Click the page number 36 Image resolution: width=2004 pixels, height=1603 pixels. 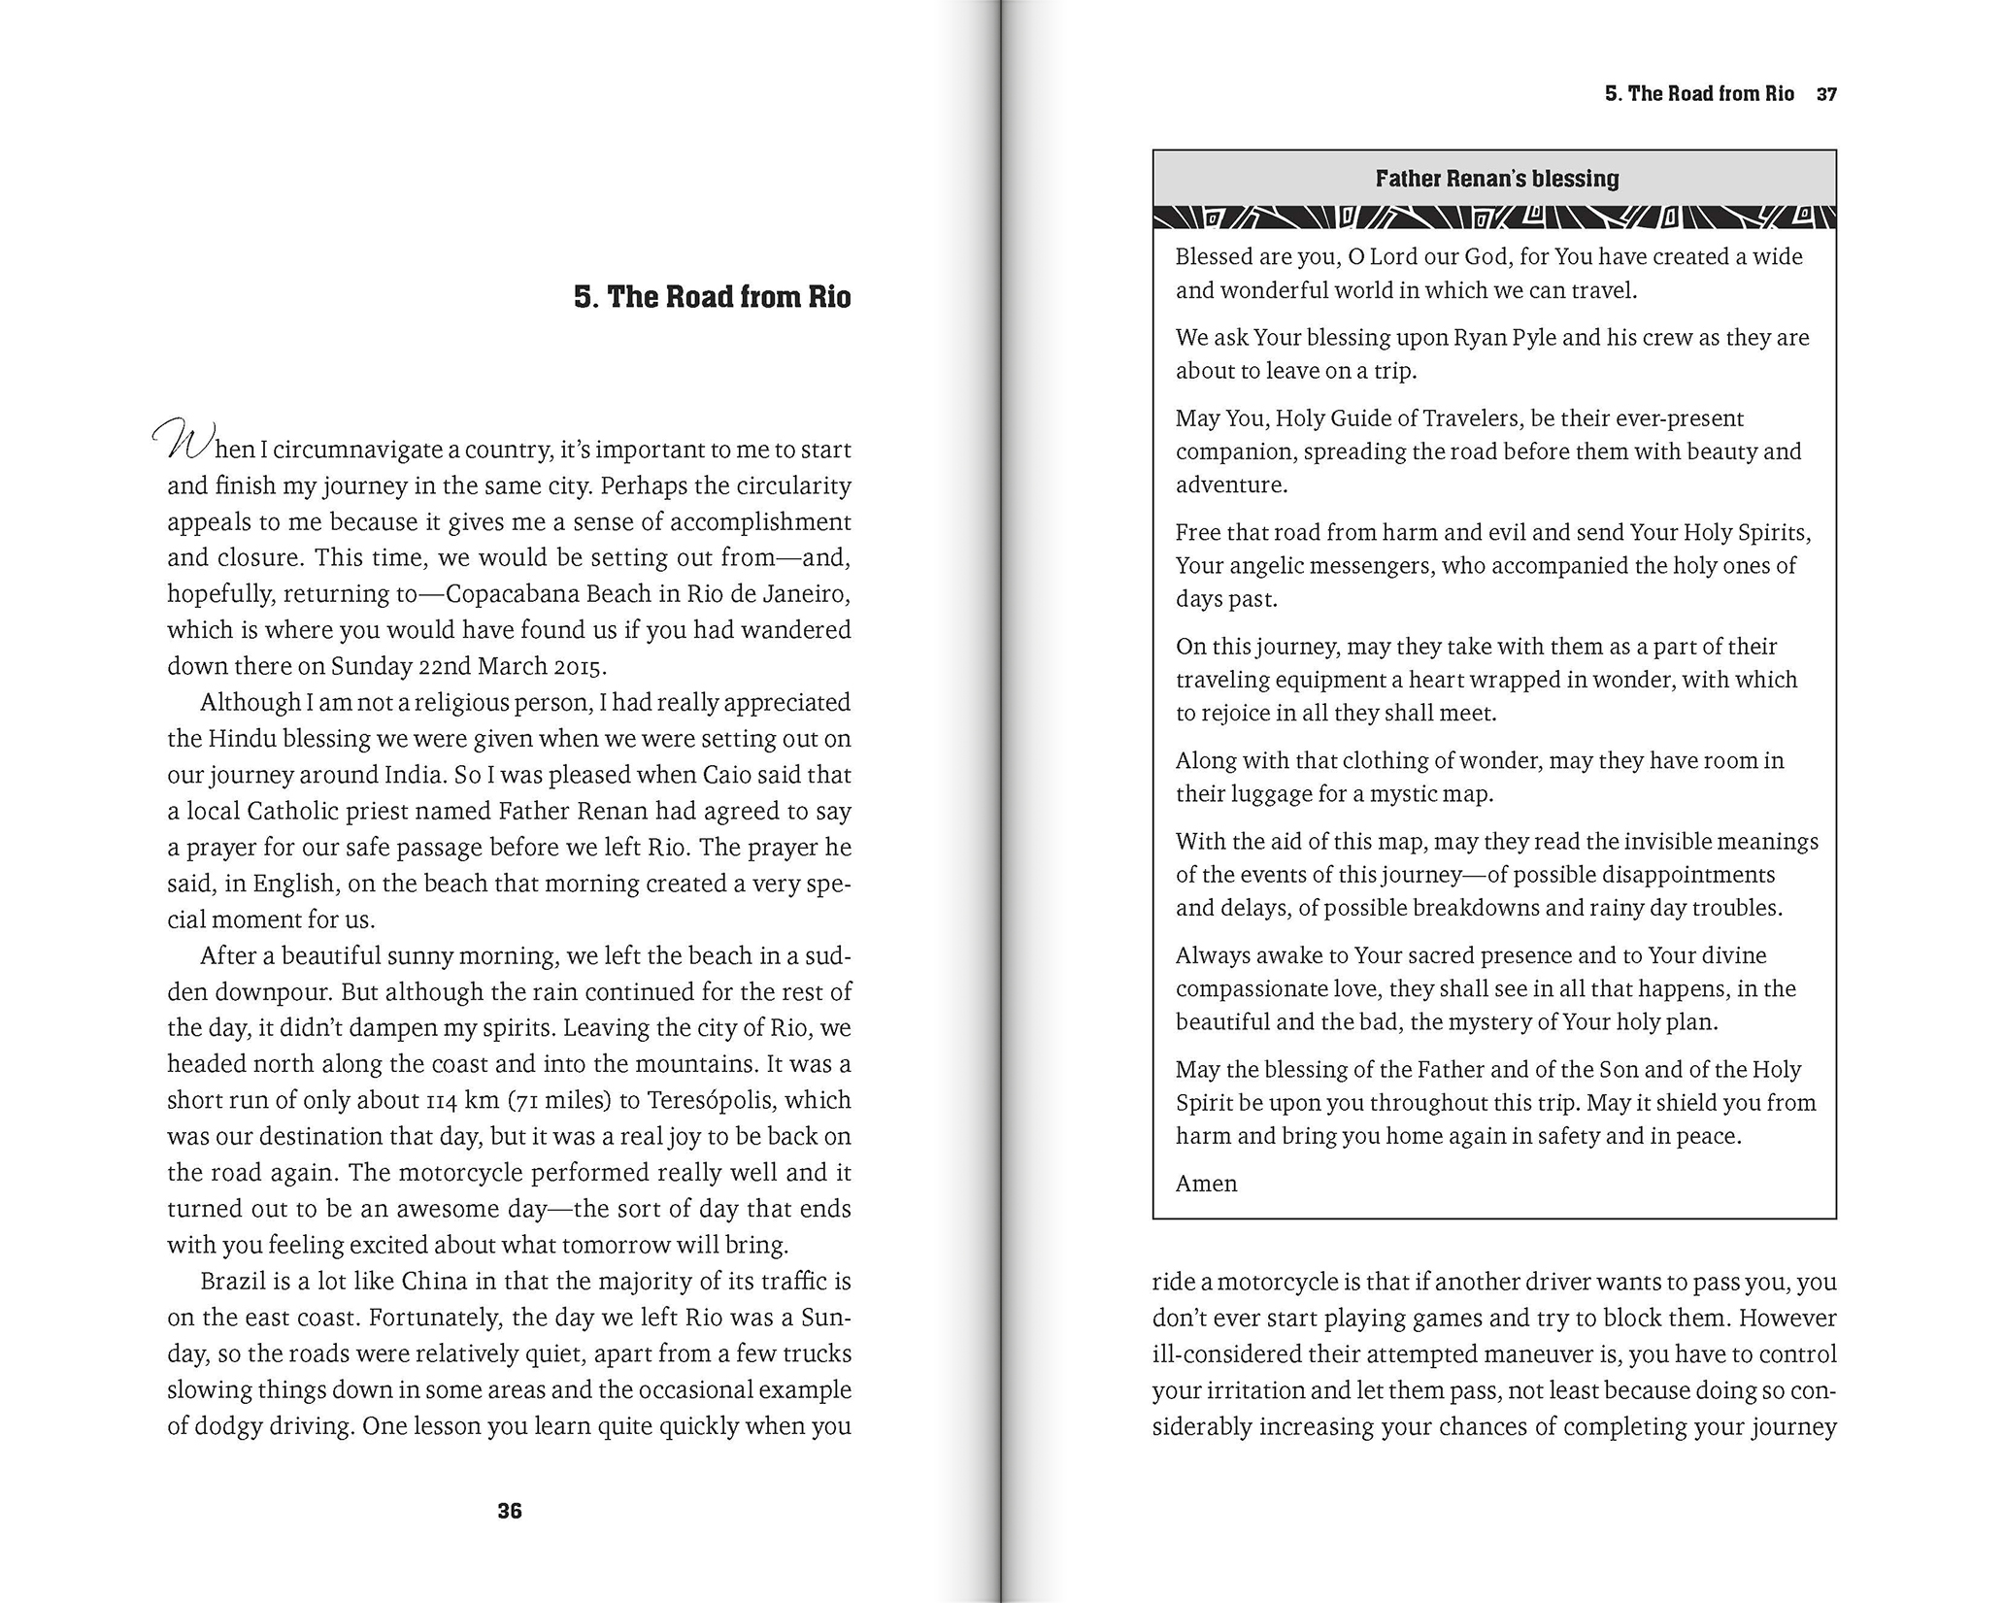pyautogui.click(x=509, y=1511)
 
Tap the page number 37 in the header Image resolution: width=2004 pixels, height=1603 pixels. pyautogui.click(x=1826, y=94)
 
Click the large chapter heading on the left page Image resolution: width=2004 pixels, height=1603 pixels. pyautogui.click(x=712, y=296)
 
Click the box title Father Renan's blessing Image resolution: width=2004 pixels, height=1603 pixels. pyautogui.click(x=1496, y=179)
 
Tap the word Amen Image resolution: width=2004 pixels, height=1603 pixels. pyautogui.click(x=1206, y=1184)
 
